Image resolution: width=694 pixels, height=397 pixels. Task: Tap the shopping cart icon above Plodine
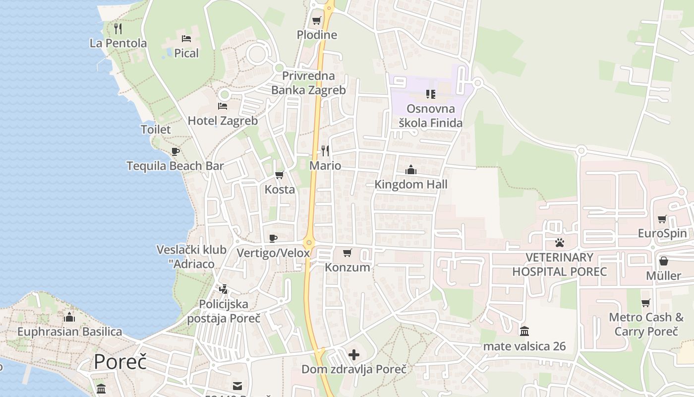(316, 21)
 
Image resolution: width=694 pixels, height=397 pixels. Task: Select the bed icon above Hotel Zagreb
(223, 106)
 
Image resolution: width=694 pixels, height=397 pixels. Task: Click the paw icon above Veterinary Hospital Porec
(560, 243)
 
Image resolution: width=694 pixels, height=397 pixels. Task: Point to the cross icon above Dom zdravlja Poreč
(354, 355)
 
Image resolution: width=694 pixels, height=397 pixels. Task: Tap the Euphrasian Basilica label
(69, 331)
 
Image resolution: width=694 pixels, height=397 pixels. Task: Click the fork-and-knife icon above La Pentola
(118, 28)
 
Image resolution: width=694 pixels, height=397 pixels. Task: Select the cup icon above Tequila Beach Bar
(175, 151)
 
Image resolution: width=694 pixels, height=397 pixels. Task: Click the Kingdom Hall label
(411, 185)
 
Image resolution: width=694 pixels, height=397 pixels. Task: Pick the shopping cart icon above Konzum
(347, 253)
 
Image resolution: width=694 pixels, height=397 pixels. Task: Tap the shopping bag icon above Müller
(664, 261)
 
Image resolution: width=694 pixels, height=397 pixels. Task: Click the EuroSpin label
(662, 233)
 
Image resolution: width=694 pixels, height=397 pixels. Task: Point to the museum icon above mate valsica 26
(524, 331)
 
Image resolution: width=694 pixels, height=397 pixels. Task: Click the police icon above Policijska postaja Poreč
(224, 289)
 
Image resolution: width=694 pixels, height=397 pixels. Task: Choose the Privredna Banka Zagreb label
(308, 83)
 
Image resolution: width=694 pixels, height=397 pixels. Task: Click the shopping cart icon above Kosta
(280, 175)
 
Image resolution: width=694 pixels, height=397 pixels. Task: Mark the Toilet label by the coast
(156, 130)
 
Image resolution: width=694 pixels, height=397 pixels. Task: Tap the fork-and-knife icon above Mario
(325, 150)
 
